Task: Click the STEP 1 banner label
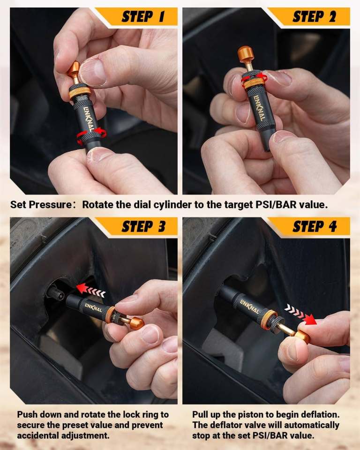point(143,17)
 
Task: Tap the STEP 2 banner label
point(314,17)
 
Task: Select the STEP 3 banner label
point(143,226)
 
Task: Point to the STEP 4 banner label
point(315,226)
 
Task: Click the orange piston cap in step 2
point(246,54)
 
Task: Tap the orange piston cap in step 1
point(74,70)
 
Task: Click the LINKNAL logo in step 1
point(89,119)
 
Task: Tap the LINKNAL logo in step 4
point(249,306)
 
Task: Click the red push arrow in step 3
point(90,290)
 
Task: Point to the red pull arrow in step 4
point(300,315)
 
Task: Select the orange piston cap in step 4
point(303,337)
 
